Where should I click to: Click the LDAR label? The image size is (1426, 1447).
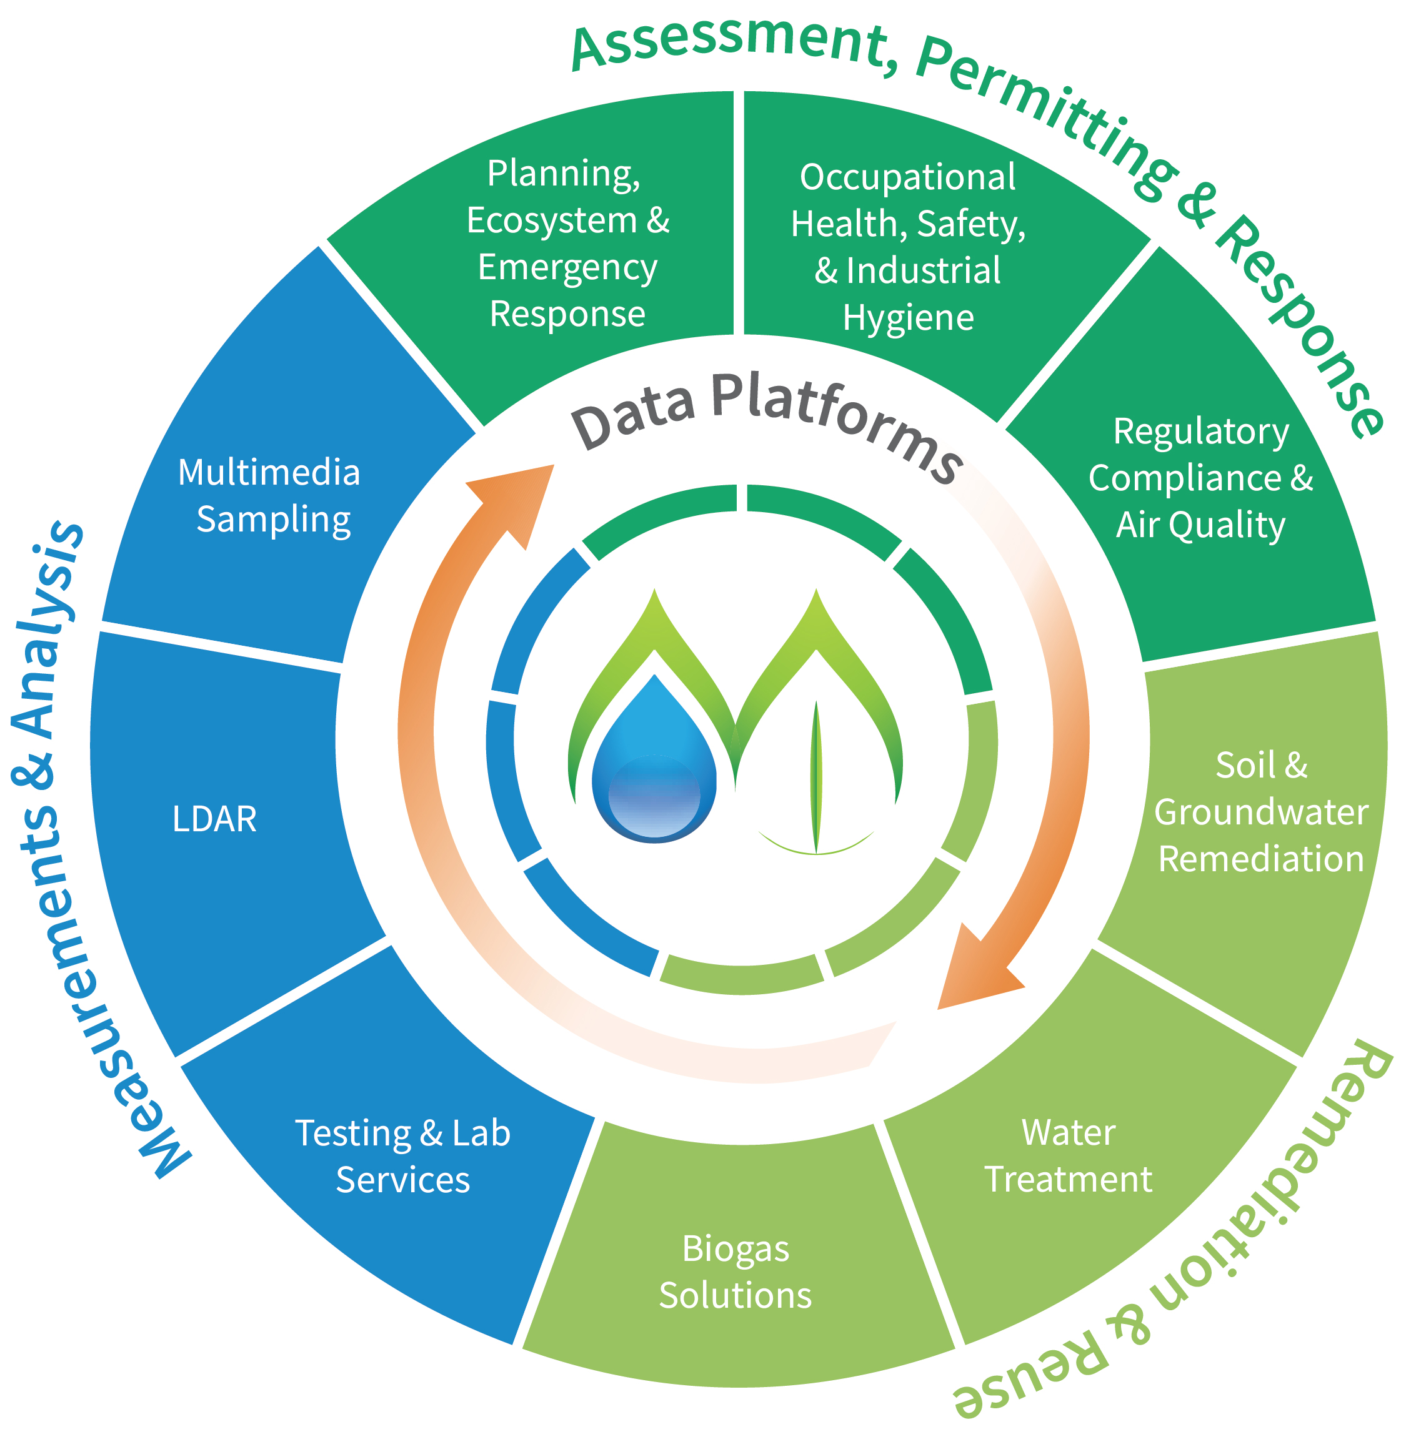(x=214, y=818)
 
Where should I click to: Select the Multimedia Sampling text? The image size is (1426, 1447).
(x=269, y=496)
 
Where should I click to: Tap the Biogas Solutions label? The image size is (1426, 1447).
(x=735, y=1272)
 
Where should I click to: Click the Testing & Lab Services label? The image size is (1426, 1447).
(x=403, y=1156)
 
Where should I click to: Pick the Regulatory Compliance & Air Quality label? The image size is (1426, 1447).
(x=1200, y=478)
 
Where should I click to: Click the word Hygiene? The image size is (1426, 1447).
(x=908, y=317)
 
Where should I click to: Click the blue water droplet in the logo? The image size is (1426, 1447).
(x=654, y=771)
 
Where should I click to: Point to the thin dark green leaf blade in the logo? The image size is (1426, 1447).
(x=816, y=779)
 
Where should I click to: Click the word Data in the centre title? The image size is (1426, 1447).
(x=634, y=416)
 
